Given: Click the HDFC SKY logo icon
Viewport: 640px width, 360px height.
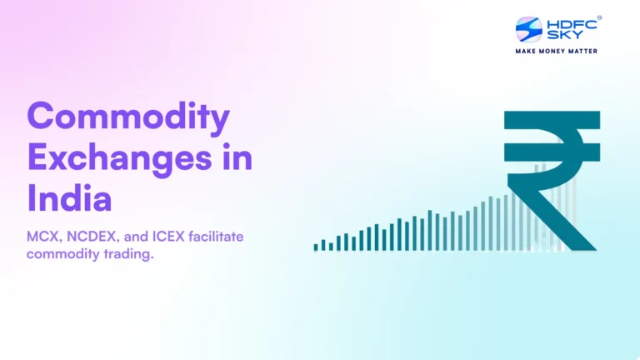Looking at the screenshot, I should click(x=529, y=30).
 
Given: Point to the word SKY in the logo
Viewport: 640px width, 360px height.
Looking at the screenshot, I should click(x=558, y=36).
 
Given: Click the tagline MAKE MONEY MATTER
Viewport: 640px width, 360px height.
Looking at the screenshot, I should click(x=557, y=52).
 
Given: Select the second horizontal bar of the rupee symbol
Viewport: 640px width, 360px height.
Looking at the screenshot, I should click(x=552, y=152).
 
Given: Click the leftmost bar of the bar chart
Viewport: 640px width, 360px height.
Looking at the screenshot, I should click(x=316, y=247).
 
